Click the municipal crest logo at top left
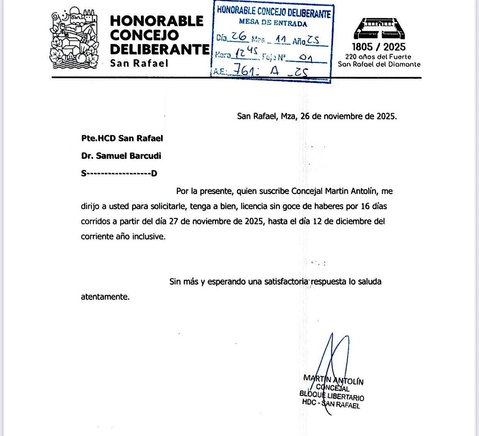click(74, 39)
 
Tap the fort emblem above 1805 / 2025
click(379, 28)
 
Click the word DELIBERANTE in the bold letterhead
click(160, 50)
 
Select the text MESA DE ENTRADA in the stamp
click(273, 23)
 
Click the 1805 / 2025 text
click(379, 47)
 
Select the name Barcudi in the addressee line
click(145, 156)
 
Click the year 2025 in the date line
click(386, 117)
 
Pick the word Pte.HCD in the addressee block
click(98, 138)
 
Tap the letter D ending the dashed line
click(154, 174)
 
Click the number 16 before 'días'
click(365, 206)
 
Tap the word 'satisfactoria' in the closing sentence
click(286, 282)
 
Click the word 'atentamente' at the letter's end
click(104, 297)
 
